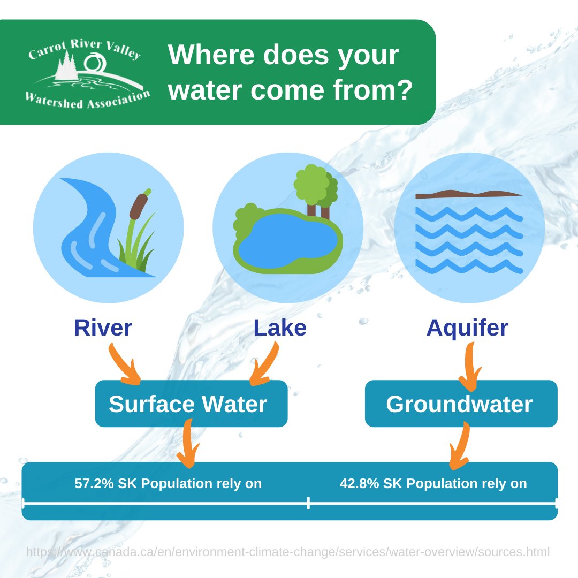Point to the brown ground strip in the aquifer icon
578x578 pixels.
click(468, 194)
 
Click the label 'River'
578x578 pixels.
click(103, 328)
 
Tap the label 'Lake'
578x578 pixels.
click(280, 328)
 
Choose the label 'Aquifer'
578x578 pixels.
click(467, 328)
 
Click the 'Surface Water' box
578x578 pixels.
click(191, 404)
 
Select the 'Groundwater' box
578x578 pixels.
click(461, 404)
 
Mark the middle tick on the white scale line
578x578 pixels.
click(308, 503)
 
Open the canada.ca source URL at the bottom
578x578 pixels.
click(288, 552)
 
